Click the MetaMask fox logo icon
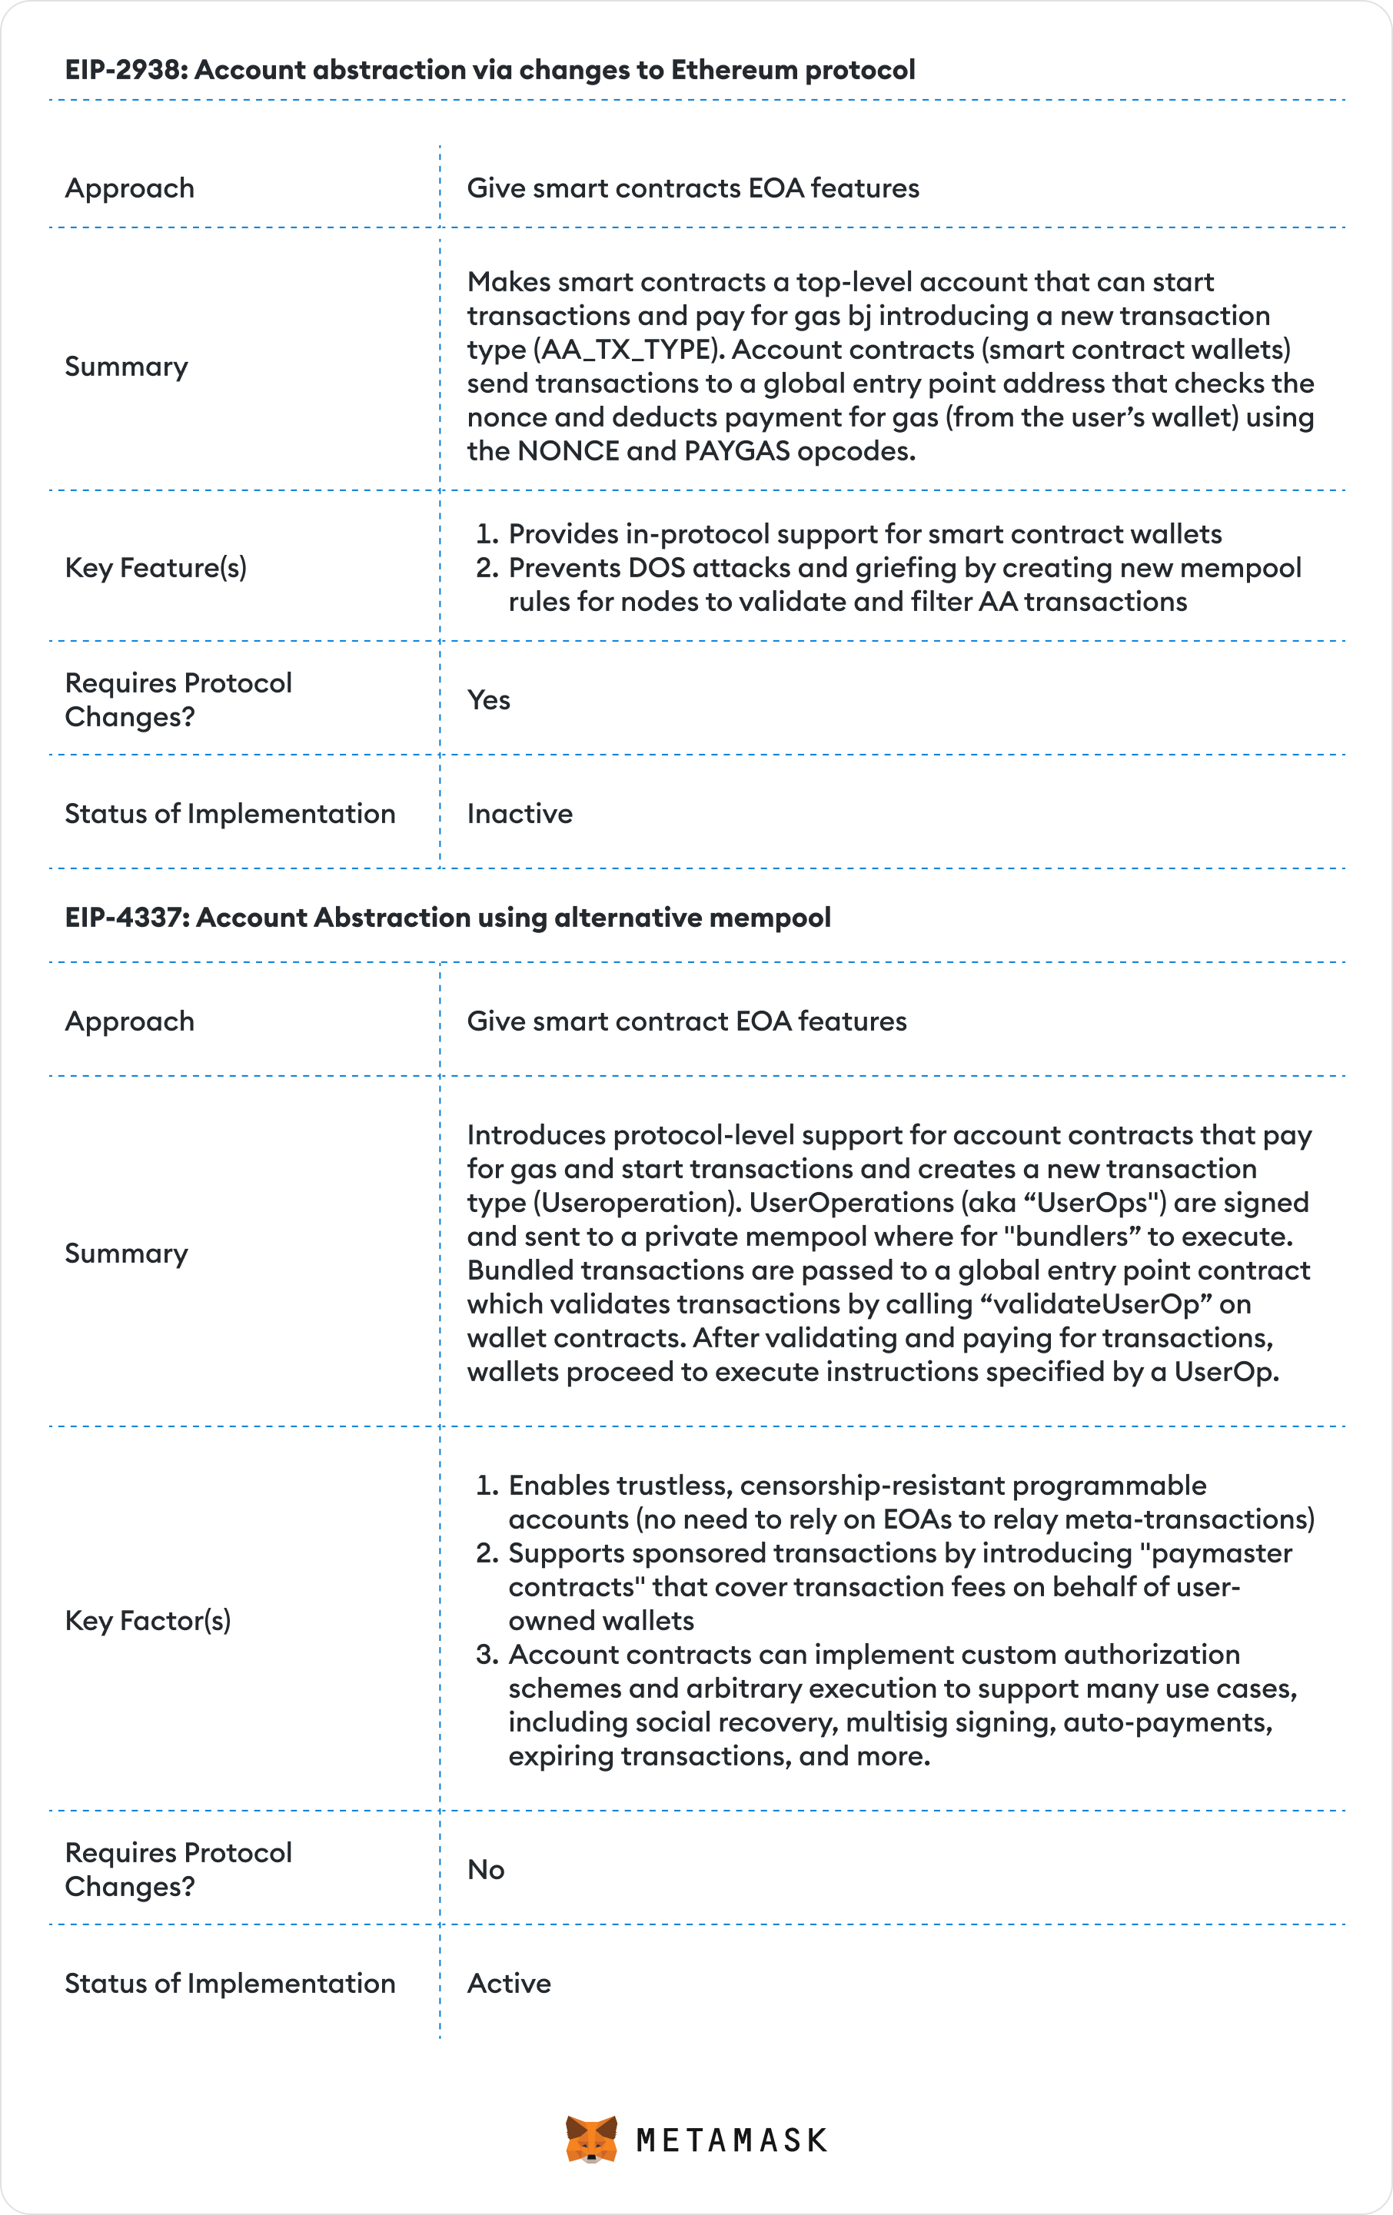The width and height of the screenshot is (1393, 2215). tap(590, 2139)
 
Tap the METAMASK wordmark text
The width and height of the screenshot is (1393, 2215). tap(731, 2140)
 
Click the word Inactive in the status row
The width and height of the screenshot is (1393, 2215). tap(519, 813)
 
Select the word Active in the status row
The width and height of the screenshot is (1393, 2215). tap(508, 1982)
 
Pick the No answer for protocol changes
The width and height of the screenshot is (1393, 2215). tap(485, 1869)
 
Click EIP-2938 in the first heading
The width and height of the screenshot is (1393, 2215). tap(125, 70)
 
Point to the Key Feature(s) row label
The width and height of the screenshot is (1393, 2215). tap(155, 567)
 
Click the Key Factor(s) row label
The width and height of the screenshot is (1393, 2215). tap(147, 1620)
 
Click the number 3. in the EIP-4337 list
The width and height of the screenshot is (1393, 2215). tap(487, 1654)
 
